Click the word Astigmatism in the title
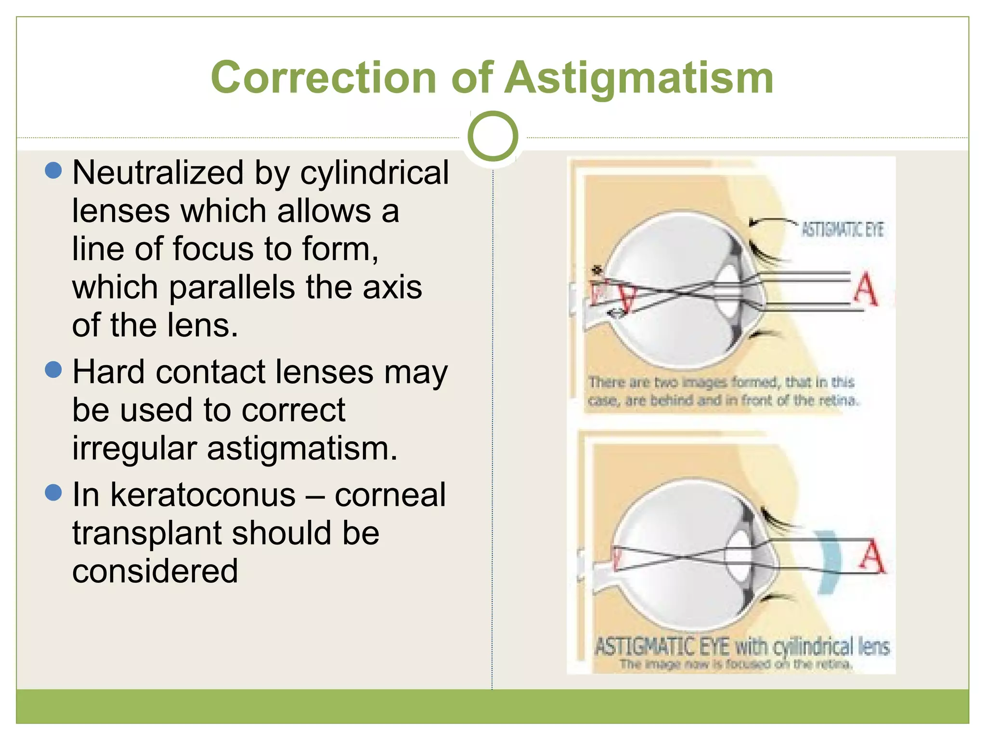(640, 78)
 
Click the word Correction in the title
(323, 78)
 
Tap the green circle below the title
(493, 136)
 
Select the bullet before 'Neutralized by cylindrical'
(53, 171)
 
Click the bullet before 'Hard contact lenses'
(53, 370)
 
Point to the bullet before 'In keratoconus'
(53, 493)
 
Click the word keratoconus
(203, 495)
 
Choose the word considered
(155, 571)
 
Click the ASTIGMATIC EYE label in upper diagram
(842, 230)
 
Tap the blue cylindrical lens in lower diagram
(829, 562)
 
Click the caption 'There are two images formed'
(722, 391)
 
